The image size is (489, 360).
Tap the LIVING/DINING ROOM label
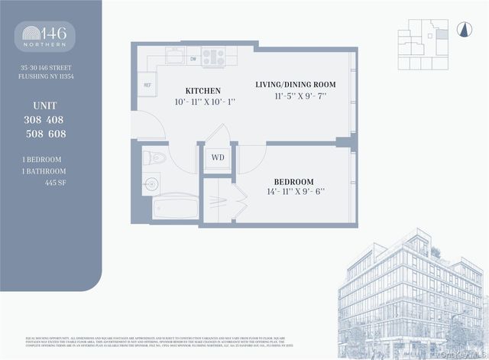point(295,83)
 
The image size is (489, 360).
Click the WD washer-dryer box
point(218,157)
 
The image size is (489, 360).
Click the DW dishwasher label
point(193,58)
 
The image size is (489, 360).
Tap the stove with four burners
point(213,56)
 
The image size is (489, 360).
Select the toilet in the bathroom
point(155,159)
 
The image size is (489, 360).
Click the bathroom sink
point(151,183)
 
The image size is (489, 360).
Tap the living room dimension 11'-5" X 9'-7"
point(295,96)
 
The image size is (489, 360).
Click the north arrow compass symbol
point(461,31)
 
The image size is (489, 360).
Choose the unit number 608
point(56,134)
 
